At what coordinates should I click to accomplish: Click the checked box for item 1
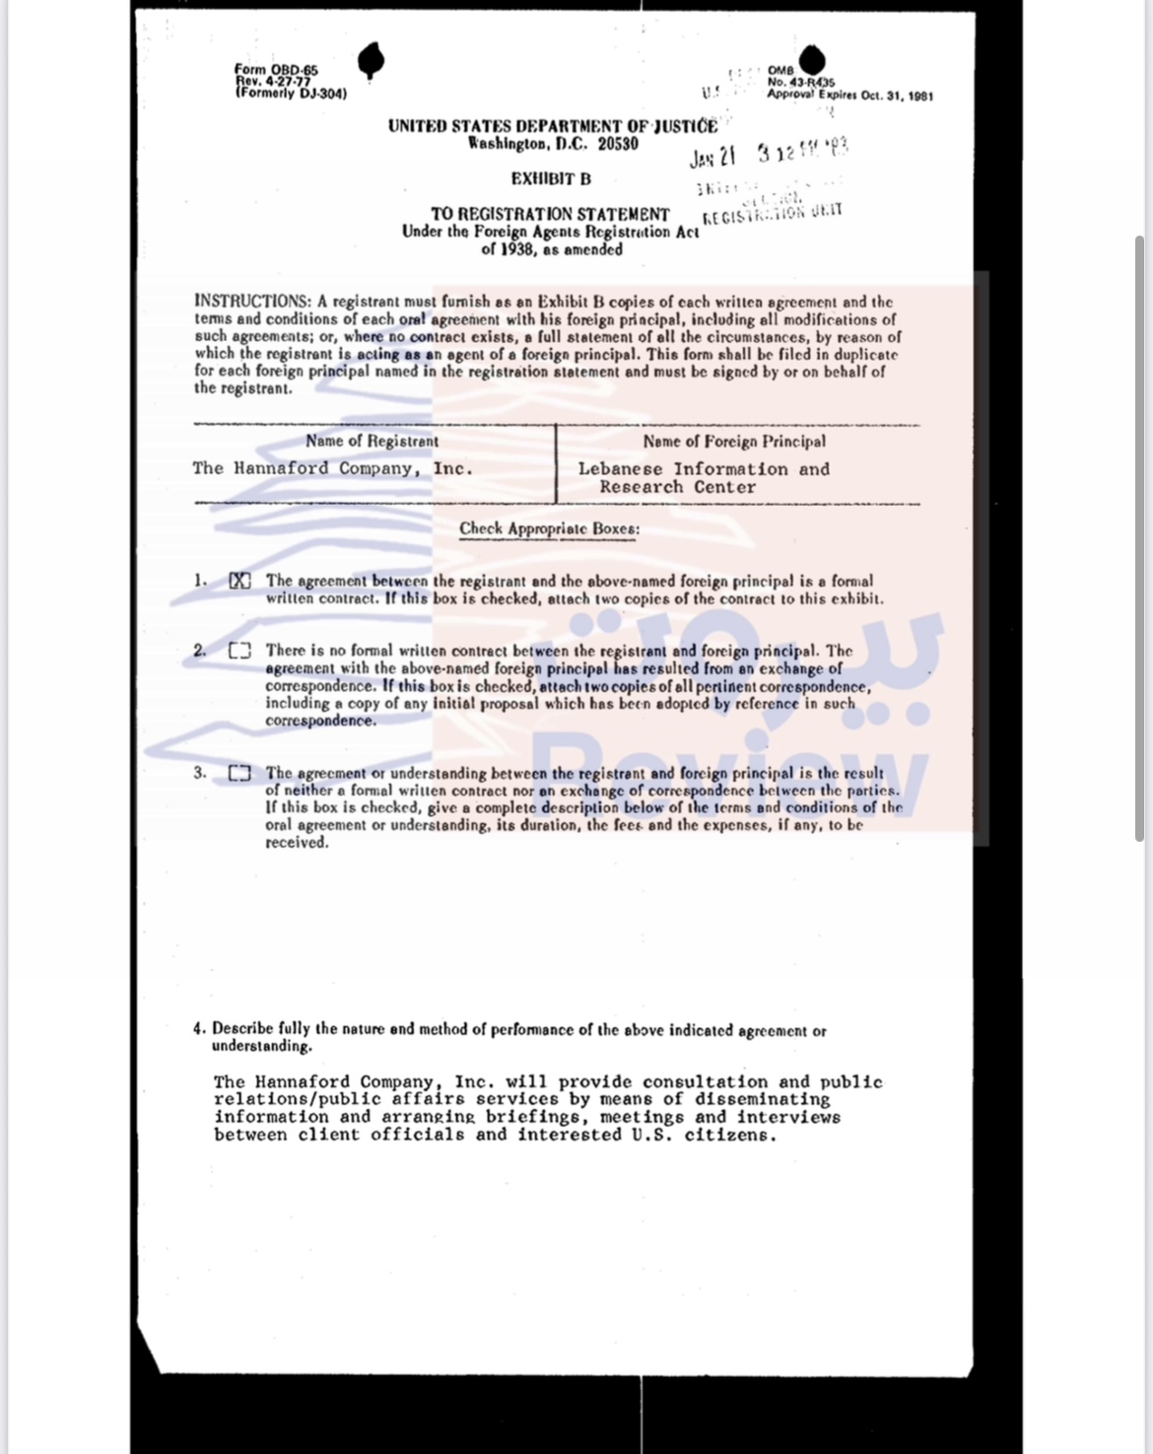pyautogui.click(x=239, y=581)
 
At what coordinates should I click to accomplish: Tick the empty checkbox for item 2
pyautogui.click(x=239, y=651)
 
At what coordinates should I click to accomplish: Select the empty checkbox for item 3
pyautogui.click(x=239, y=773)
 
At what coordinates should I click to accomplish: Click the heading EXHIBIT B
pyautogui.click(x=551, y=179)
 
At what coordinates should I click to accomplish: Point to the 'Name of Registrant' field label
pyautogui.click(x=372, y=441)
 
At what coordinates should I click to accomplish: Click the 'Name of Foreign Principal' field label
pyautogui.click(x=734, y=442)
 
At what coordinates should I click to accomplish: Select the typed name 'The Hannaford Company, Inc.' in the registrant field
pyautogui.click(x=333, y=468)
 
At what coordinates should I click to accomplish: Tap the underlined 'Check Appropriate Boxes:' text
pyautogui.click(x=549, y=528)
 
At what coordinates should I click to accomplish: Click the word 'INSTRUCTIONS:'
pyautogui.click(x=253, y=301)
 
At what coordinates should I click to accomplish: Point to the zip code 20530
pyautogui.click(x=618, y=144)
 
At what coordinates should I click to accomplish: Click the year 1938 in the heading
pyautogui.click(x=516, y=249)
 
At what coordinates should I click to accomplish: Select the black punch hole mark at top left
pyautogui.click(x=371, y=61)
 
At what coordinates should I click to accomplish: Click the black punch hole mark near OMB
pyautogui.click(x=811, y=59)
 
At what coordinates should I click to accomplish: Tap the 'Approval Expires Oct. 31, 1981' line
pyautogui.click(x=849, y=96)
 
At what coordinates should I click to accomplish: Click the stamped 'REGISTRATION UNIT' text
pyautogui.click(x=773, y=214)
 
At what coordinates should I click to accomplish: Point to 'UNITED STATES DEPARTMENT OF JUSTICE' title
pyautogui.click(x=552, y=126)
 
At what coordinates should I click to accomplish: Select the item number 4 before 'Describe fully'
pyautogui.click(x=199, y=1028)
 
